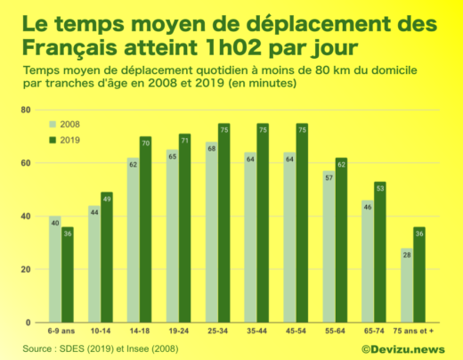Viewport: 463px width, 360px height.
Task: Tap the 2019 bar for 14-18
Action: [146, 229]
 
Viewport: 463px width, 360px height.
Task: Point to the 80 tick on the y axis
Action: [26, 110]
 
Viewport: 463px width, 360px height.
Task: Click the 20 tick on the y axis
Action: [26, 269]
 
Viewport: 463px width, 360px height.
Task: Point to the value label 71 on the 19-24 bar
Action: [185, 141]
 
